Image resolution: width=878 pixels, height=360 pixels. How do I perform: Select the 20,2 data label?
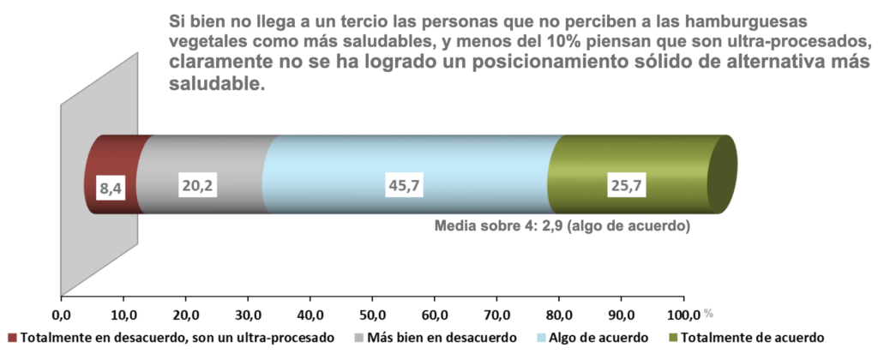point(196,183)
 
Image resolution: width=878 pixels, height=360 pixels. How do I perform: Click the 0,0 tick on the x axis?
point(61,313)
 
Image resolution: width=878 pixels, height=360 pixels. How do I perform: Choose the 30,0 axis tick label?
point(248,313)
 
